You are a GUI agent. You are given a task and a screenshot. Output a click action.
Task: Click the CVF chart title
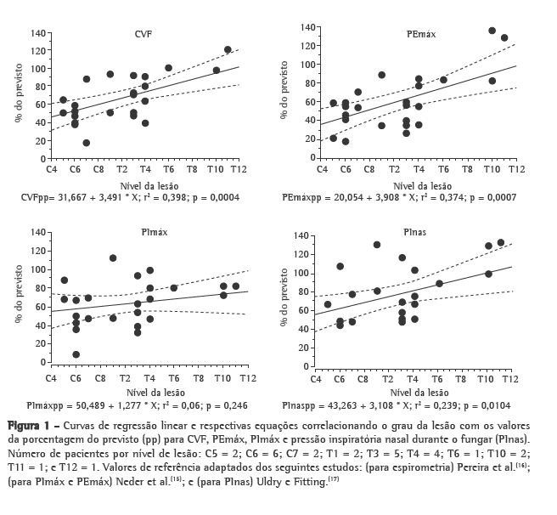(x=143, y=34)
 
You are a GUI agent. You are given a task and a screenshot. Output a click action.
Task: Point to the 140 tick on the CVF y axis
(x=37, y=33)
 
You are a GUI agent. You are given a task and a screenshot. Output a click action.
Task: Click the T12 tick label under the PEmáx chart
(x=515, y=171)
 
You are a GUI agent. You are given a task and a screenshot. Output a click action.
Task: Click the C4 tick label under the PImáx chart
(x=51, y=376)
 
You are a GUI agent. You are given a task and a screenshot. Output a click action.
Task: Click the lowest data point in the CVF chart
(x=87, y=143)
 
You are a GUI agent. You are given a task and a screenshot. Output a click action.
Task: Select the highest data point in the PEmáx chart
(x=492, y=31)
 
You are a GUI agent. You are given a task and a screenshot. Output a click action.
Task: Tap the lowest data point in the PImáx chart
(x=76, y=354)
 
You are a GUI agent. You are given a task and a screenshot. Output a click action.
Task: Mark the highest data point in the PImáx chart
(x=113, y=258)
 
